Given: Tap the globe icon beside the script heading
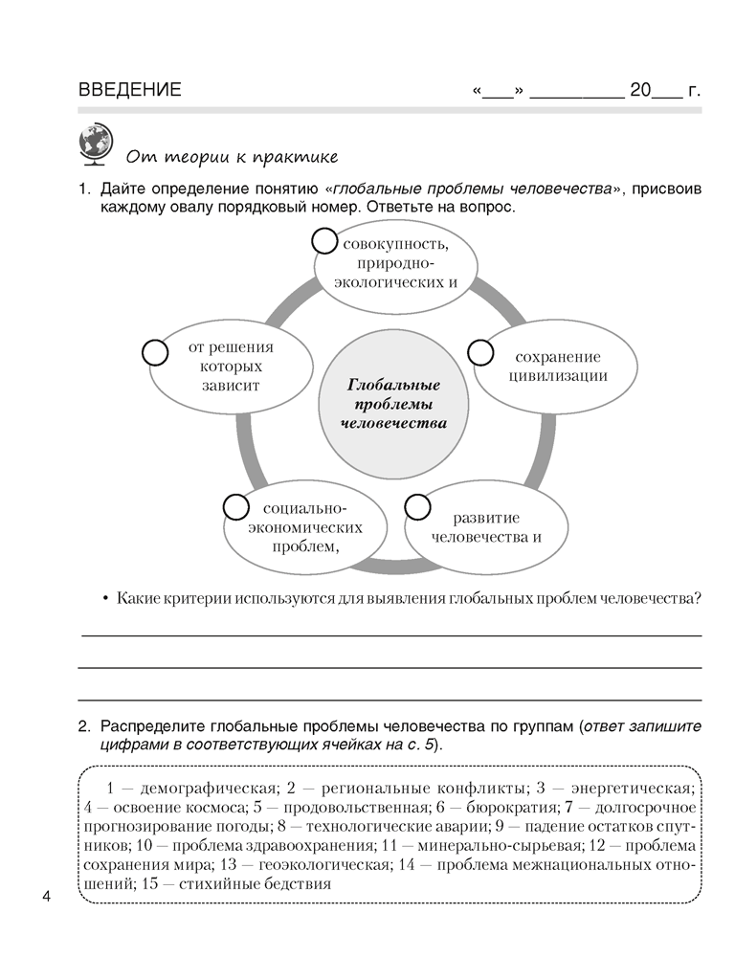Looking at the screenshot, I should point(93,145).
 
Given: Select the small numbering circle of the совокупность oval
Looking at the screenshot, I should point(325,241).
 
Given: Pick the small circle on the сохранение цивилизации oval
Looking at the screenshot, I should point(479,351).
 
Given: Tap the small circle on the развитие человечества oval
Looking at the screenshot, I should point(417,506).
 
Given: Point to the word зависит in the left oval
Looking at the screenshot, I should point(232,385).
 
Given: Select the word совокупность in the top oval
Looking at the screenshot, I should point(394,242).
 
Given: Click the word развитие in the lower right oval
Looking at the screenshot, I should point(486,517).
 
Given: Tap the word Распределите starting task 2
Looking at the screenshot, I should point(149,726).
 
